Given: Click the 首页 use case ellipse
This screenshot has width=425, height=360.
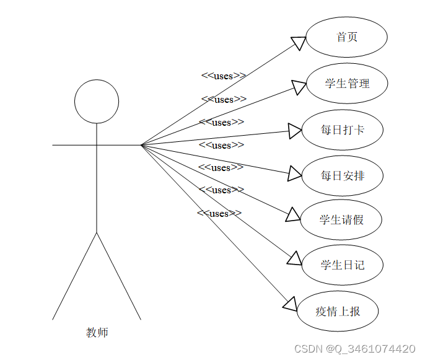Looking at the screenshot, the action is click(x=346, y=37).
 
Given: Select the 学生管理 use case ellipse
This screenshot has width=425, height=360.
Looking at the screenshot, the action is click(x=347, y=83).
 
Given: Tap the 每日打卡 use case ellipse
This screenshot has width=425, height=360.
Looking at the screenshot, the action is click(x=342, y=130).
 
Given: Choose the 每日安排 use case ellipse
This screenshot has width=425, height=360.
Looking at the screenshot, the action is click(x=342, y=176).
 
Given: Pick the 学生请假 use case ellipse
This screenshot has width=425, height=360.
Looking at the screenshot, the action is click(x=341, y=220).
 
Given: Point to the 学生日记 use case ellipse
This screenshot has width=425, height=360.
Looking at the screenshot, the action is click(x=342, y=265).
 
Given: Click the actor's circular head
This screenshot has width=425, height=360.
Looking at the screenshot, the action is click(x=97, y=101).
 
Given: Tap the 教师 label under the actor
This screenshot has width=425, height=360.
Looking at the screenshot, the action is click(x=97, y=333).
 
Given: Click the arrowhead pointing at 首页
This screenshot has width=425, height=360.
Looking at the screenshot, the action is click(x=299, y=43).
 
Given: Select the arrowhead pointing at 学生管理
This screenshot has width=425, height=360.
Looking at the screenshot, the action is click(x=299, y=87).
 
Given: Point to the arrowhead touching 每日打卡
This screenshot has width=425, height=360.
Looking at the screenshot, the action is click(x=296, y=131).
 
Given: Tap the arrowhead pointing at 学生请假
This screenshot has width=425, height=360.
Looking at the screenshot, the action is click(x=293, y=214).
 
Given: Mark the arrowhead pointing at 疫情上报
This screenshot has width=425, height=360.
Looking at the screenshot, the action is click(x=290, y=303).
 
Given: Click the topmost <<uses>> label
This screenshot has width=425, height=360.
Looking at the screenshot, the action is click(x=223, y=76).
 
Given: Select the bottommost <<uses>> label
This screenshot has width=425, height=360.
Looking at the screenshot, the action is click(x=219, y=214).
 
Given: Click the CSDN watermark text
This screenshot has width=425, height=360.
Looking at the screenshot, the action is click(x=354, y=349).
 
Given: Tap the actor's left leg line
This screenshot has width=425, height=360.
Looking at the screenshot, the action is click(x=75, y=276).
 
